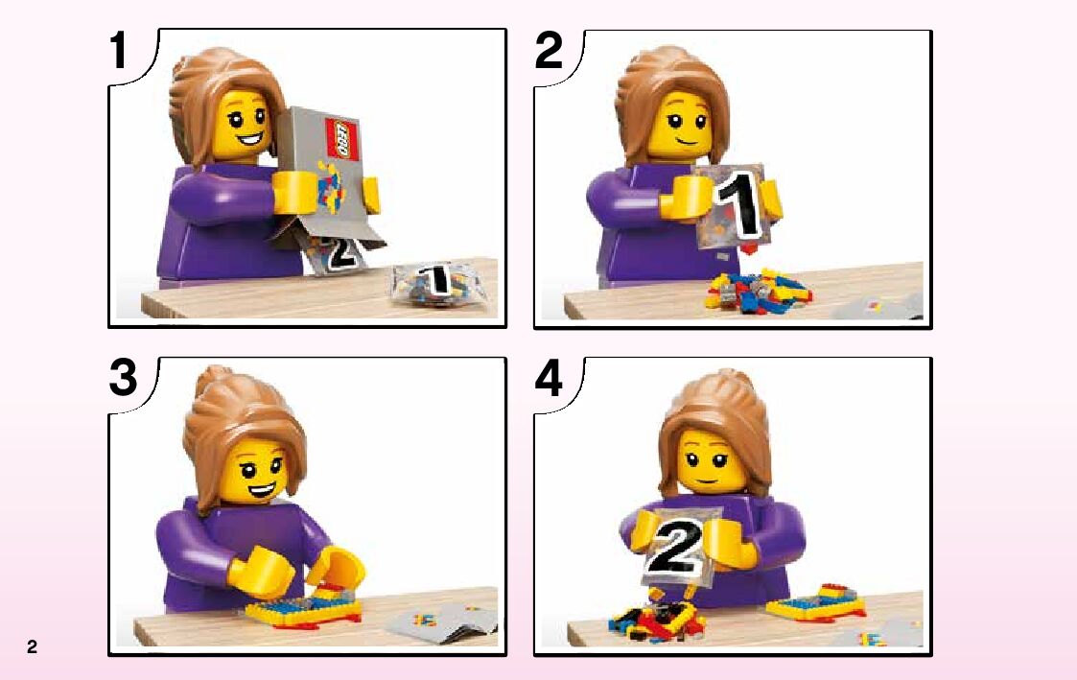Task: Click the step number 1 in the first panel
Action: point(119,50)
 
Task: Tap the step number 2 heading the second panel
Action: point(549,50)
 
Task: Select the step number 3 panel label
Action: point(123,378)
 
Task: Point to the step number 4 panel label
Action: point(549,378)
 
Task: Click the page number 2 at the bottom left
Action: point(32,646)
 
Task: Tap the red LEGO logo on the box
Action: point(342,139)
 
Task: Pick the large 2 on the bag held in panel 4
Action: point(676,546)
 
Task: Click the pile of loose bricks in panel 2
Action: point(758,290)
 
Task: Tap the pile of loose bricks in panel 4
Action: point(657,621)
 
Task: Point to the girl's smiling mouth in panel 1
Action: point(250,142)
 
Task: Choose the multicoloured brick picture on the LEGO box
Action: point(330,187)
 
